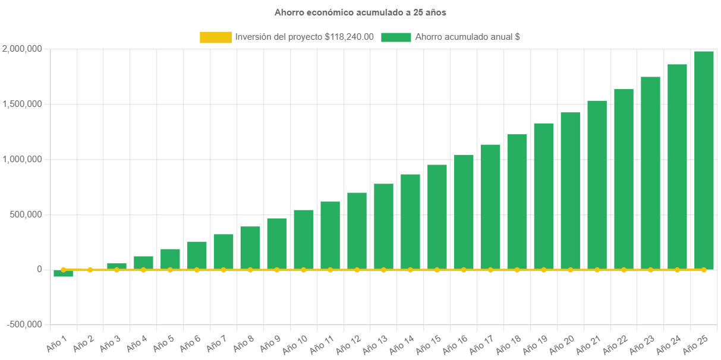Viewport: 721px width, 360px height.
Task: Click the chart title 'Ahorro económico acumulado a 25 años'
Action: point(360,12)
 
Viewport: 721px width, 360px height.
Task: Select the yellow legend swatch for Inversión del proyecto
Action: point(216,37)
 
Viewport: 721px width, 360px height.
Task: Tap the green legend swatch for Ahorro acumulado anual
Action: point(396,37)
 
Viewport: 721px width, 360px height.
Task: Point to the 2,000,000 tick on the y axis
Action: point(22,49)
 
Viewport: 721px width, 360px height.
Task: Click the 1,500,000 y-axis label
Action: point(22,104)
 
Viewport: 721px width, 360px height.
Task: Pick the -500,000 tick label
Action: point(25,324)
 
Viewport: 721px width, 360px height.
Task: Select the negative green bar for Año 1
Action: point(63,274)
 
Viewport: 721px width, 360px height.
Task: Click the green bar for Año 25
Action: point(704,160)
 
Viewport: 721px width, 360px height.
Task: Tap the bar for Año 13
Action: point(383,226)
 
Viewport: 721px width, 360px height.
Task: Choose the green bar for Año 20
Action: point(570,191)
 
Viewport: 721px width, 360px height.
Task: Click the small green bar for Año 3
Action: point(117,266)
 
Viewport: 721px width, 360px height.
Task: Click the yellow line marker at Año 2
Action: point(90,270)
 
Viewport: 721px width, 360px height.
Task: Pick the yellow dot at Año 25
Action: point(704,270)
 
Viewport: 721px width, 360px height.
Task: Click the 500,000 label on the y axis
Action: point(25,214)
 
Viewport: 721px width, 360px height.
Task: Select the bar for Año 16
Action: point(464,211)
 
